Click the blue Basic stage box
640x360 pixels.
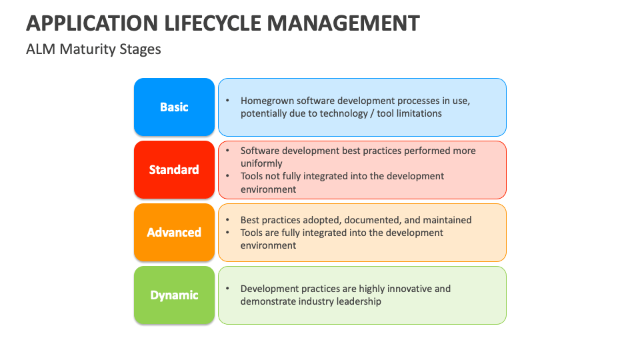click(174, 107)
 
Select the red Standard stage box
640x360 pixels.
click(174, 170)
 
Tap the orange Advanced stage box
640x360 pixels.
click(174, 233)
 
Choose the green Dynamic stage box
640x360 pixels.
click(174, 295)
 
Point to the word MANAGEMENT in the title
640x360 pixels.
click(343, 23)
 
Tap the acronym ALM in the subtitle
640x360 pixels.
click(41, 49)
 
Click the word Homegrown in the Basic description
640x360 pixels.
click(267, 101)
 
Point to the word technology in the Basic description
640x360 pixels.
click(329, 113)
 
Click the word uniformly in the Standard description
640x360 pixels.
click(261, 163)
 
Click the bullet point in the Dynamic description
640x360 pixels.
click(227, 289)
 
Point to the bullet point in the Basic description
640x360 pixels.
click(227, 101)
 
